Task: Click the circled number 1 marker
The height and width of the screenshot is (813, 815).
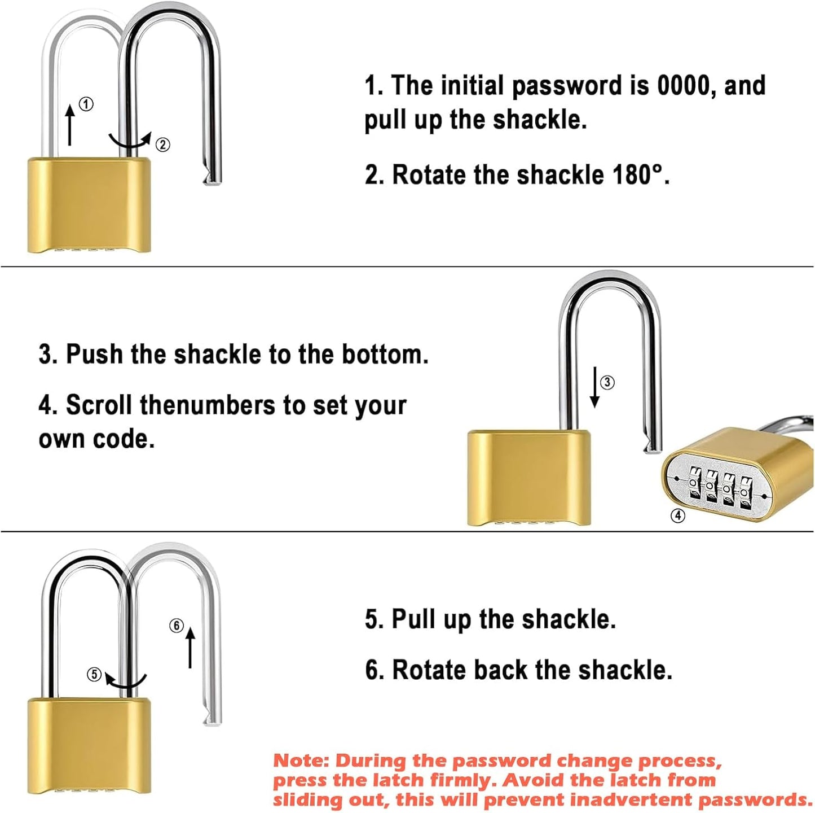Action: coord(86,104)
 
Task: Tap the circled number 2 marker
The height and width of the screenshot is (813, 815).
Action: coord(162,145)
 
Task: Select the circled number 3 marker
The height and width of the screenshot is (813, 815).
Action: coord(607,382)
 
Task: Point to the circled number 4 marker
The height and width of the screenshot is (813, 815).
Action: coord(677,515)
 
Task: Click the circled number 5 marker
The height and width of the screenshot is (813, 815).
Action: coord(94,674)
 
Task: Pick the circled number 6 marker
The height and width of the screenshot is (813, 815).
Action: coord(177,626)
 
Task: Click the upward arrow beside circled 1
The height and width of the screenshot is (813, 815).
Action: coord(70,125)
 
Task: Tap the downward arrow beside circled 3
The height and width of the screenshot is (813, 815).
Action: coord(594,387)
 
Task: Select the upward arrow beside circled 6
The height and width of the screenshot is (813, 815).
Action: coord(190,647)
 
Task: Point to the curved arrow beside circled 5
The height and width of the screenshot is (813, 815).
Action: coord(126,680)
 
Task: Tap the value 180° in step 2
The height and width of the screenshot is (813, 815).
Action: coord(637,175)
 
